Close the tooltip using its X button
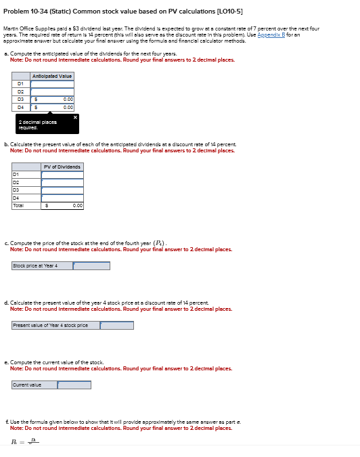[75, 118]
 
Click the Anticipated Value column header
[53, 76]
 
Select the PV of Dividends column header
[62, 167]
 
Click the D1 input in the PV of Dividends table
[62, 175]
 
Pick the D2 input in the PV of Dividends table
[62, 182]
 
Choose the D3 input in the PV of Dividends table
[62, 190]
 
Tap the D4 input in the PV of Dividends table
[62, 197]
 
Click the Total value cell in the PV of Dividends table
[62, 204]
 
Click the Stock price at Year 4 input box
[91, 266]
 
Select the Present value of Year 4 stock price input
[116, 326]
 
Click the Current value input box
[74, 385]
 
